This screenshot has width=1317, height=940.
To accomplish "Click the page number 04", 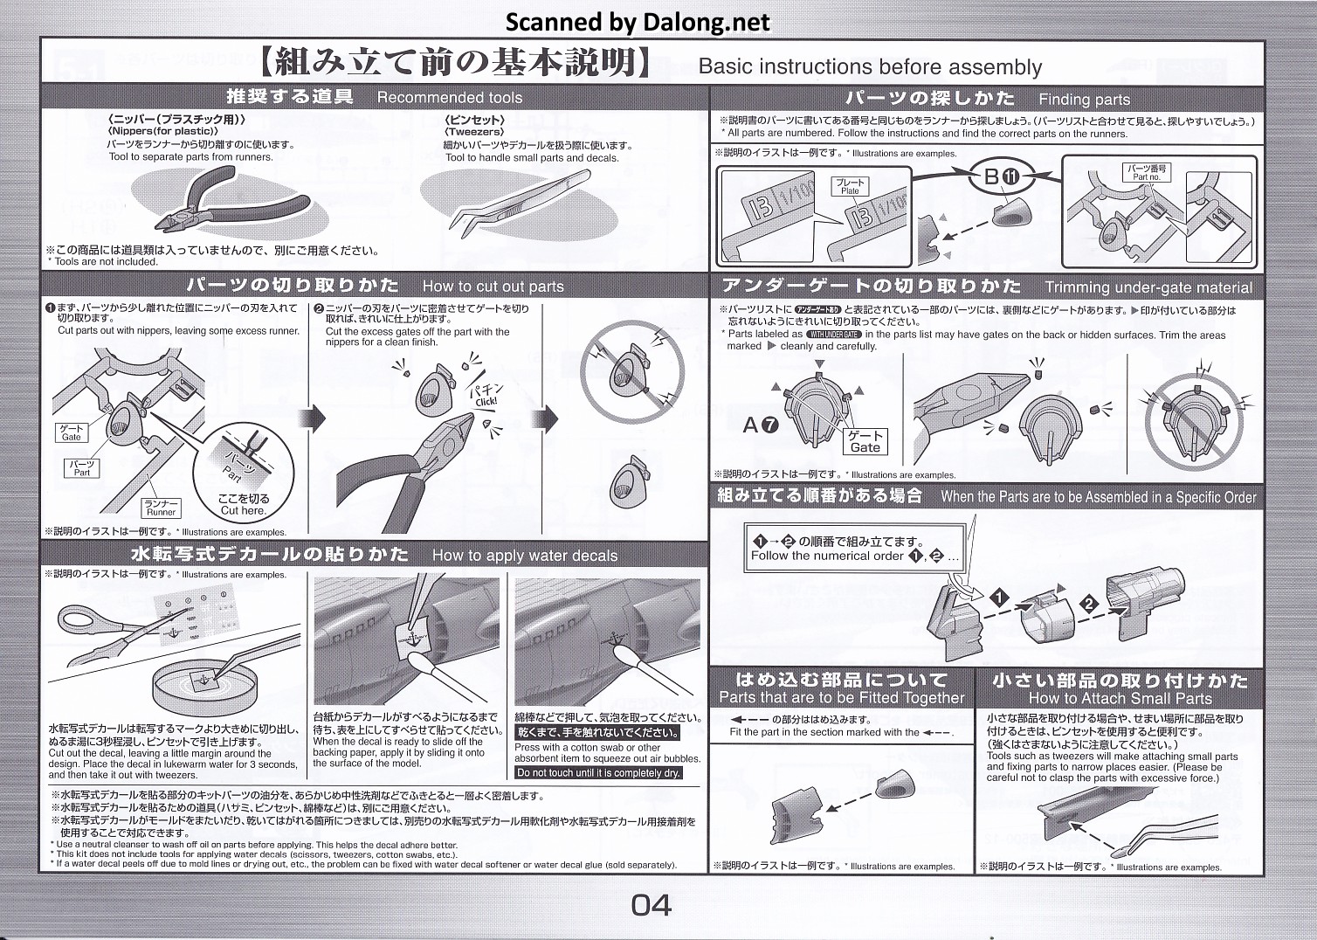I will [x=651, y=905].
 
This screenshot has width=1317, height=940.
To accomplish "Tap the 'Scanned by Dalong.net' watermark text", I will [x=638, y=22].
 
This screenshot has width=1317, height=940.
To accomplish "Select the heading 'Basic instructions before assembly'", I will [x=870, y=67].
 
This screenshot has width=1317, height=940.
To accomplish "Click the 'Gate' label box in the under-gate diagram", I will [x=865, y=441].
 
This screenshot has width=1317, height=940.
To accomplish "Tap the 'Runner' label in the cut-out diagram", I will [x=161, y=508].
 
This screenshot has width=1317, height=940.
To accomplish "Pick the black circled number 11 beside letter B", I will [x=1010, y=176].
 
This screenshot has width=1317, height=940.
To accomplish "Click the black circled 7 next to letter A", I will [x=769, y=425].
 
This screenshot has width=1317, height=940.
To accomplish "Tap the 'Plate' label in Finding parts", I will [x=850, y=186].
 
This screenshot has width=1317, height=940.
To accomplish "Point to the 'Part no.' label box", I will [x=1147, y=172].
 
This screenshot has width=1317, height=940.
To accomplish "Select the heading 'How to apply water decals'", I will [x=524, y=556].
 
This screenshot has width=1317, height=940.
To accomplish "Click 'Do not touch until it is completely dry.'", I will [x=598, y=773].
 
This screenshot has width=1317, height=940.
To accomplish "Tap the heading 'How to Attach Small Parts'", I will [x=1120, y=698].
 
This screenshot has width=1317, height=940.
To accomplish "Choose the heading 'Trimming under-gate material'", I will [x=1148, y=287].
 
